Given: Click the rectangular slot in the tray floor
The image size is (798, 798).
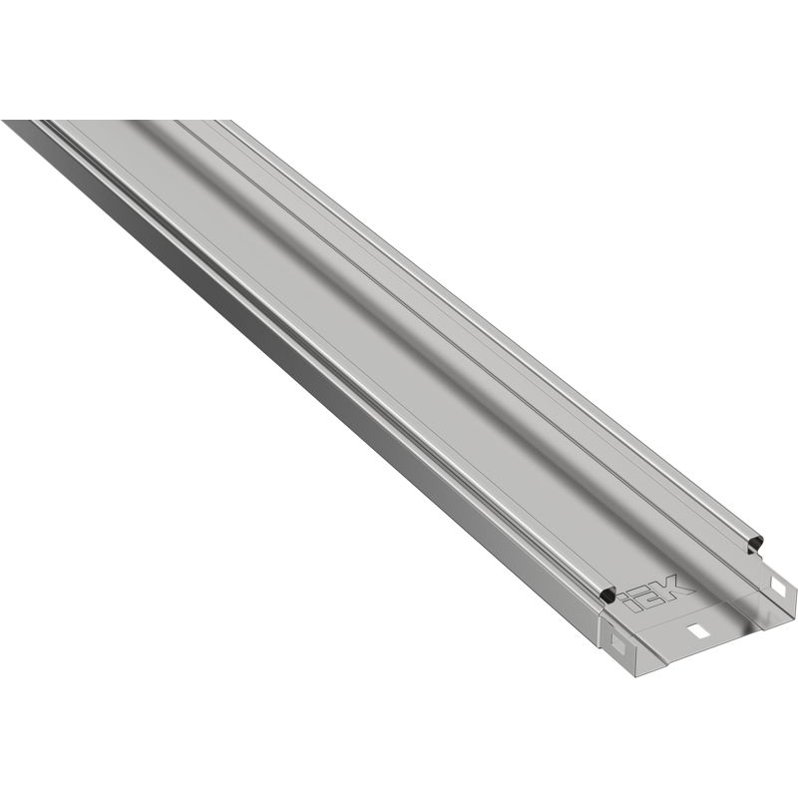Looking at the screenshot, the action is coord(697,631).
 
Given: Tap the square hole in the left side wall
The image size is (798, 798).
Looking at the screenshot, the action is coord(618,646).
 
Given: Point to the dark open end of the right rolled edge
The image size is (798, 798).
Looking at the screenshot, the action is coord(754,543).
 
